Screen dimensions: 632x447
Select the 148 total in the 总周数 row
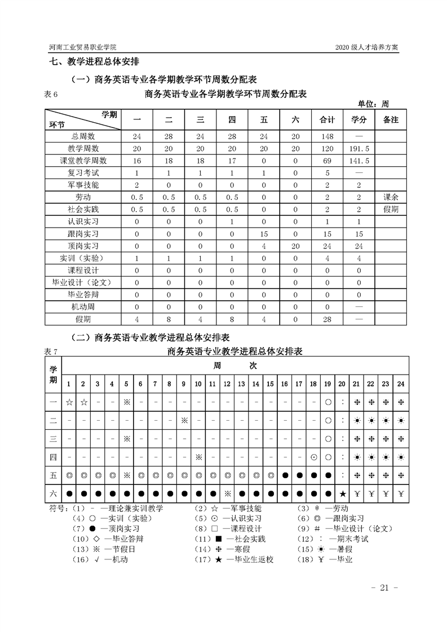coord(327,136)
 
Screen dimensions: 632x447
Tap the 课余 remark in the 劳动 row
coord(391,197)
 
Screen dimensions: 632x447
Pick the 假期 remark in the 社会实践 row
coord(391,209)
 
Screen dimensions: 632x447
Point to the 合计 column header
coord(327,120)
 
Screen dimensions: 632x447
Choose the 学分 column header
coord(359,120)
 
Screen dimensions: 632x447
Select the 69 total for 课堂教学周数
coord(327,161)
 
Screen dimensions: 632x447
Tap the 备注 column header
coord(391,120)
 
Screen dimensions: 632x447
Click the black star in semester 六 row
coord(342,494)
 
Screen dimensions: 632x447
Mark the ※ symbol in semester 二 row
coord(184,420)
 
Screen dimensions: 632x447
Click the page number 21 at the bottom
coord(385,588)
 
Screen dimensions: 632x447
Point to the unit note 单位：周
coord(373,104)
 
